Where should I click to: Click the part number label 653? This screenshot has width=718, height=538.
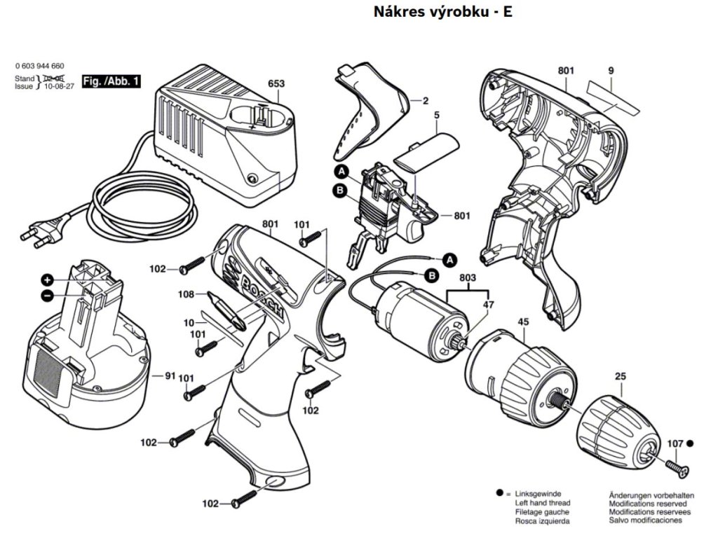pyautogui.click(x=276, y=83)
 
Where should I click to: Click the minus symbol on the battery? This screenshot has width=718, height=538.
pyautogui.click(x=46, y=295)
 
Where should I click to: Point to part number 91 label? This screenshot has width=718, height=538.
pyautogui.click(x=169, y=376)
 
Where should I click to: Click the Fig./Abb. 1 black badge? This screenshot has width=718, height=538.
pyautogui.click(x=111, y=81)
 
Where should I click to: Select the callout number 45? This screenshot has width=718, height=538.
pyautogui.click(x=522, y=322)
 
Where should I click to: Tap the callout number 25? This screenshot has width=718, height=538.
pyautogui.click(x=620, y=377)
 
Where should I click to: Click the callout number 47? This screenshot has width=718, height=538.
pyautogui.click(x=489, y=305)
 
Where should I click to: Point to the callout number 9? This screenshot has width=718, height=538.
pyautogui.click(x=611, y=71)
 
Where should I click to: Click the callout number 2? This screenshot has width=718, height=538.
pyautogui.click(x=424, y=101)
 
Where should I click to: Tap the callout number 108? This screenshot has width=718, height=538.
pyautogui.click(x=186, y=295)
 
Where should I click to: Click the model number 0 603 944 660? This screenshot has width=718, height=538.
pyautogui.click(x=39, y=65)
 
